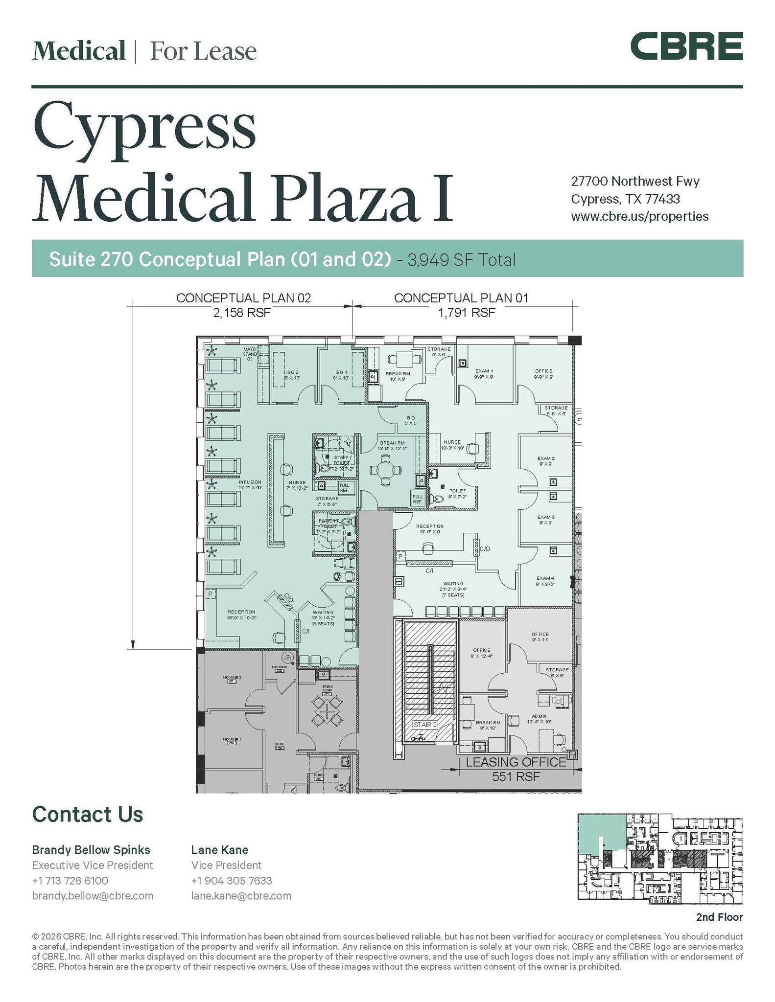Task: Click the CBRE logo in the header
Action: click(x=686, y=46)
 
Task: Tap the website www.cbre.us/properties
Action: click(x=639, y=216)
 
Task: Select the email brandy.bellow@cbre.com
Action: click(x=93, y=896)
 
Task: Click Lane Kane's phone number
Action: click(x=231, y=881)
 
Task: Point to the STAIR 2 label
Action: click(x=424, y=724)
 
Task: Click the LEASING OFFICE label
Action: click(x=516, y=762)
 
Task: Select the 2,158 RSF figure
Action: click(x=241, y=313)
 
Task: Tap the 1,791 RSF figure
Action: click(x=466, y=313)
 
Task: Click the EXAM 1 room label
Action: click(x=484, y=371)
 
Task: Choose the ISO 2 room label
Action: click(x=292, y=372)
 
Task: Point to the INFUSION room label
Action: click(x=250, y=482)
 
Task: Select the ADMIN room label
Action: click(x=540, y=716)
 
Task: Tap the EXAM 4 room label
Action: click(x=545, y=578)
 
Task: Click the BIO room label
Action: click(x=410, y=418)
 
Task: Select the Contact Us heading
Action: click(x=88, y=815)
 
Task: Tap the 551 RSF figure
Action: click(x=516, y=776)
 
